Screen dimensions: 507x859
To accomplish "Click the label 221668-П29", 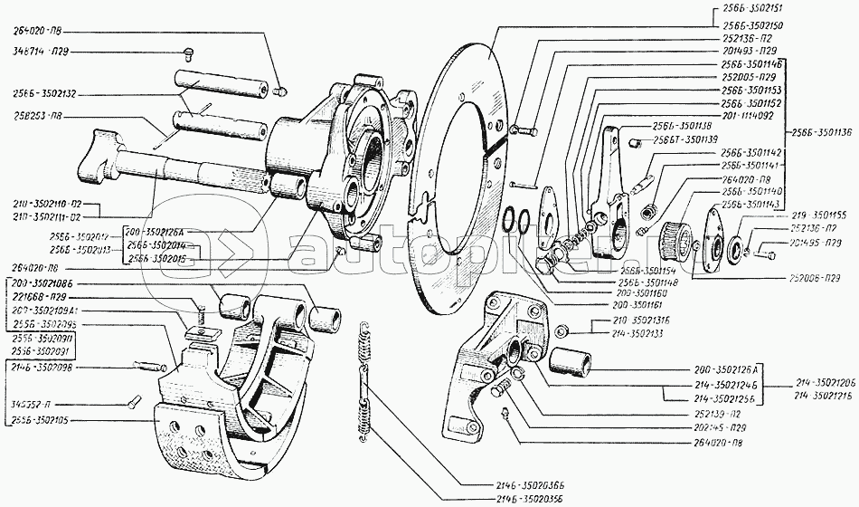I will (x=42, y=297).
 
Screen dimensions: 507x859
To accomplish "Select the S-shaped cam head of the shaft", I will (x=99, y=156).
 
